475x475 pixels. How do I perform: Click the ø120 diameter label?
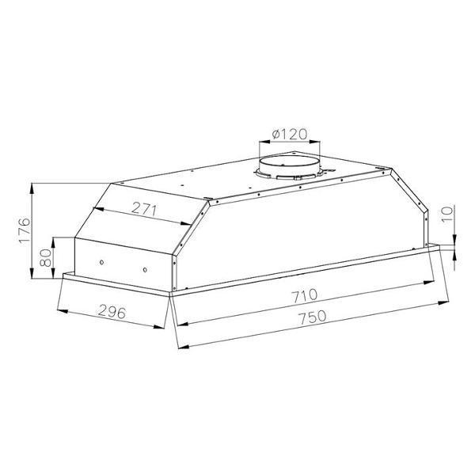pos(290,134)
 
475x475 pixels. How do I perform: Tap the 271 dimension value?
pos(145,209)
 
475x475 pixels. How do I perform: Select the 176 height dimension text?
pos(25,230)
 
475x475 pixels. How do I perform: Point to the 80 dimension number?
pos(46,257)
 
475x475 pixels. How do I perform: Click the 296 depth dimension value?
pos(112,311)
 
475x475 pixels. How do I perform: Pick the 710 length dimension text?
pos(305,295)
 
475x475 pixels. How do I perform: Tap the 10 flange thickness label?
pos(447,215)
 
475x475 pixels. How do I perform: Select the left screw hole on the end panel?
pos(102,262)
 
